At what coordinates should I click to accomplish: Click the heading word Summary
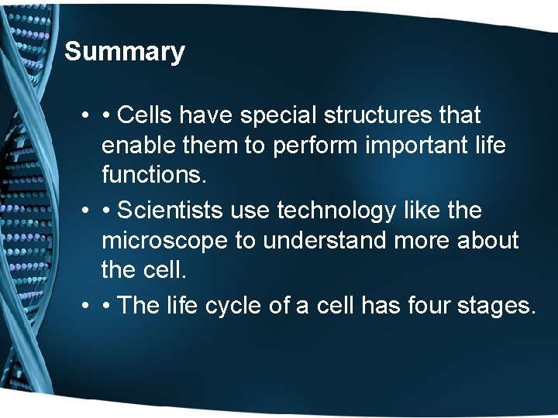pyautogui.click(x=125, y=52)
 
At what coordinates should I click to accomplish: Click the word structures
pyautogui.click(x=384, y=115)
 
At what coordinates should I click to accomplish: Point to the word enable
pyautogui.click(x=136, y=146)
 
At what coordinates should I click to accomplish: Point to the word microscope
pyautogui.click(x=164, y=241)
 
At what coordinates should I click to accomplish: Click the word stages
pyautogui.click(x=495, y=305)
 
